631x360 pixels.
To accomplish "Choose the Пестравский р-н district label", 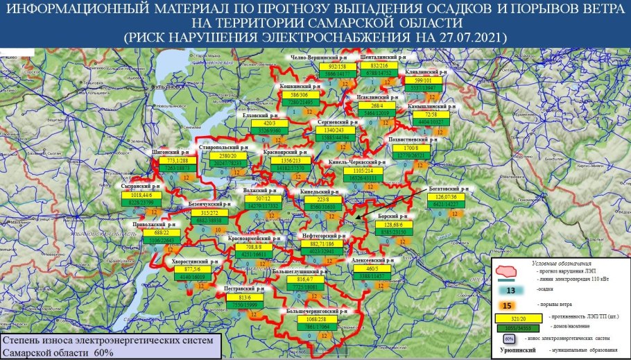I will point(244,286).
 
